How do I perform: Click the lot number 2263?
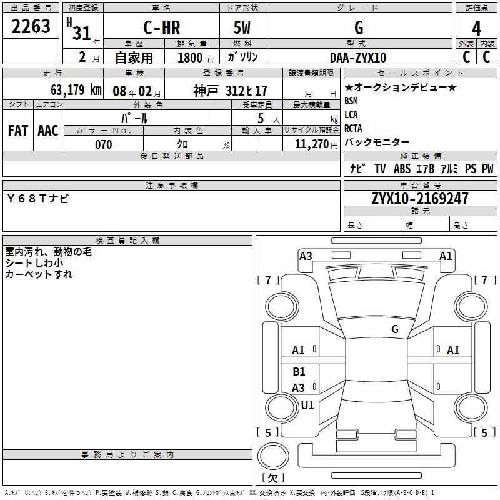pos(31,27)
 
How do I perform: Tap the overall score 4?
pos(477,28)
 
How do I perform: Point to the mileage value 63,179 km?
pos(67,90)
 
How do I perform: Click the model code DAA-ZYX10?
pos(358,57)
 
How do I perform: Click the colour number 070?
pos(103,144)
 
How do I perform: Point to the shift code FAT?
pos(17,131)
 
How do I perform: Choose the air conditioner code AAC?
pos(48,131)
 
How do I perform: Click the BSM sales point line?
pos(351,101)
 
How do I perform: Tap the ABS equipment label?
pos(402,168)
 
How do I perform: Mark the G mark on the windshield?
pos(395,329)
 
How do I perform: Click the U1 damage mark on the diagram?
pos(307,405)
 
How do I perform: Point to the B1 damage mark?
pos(299,372)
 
